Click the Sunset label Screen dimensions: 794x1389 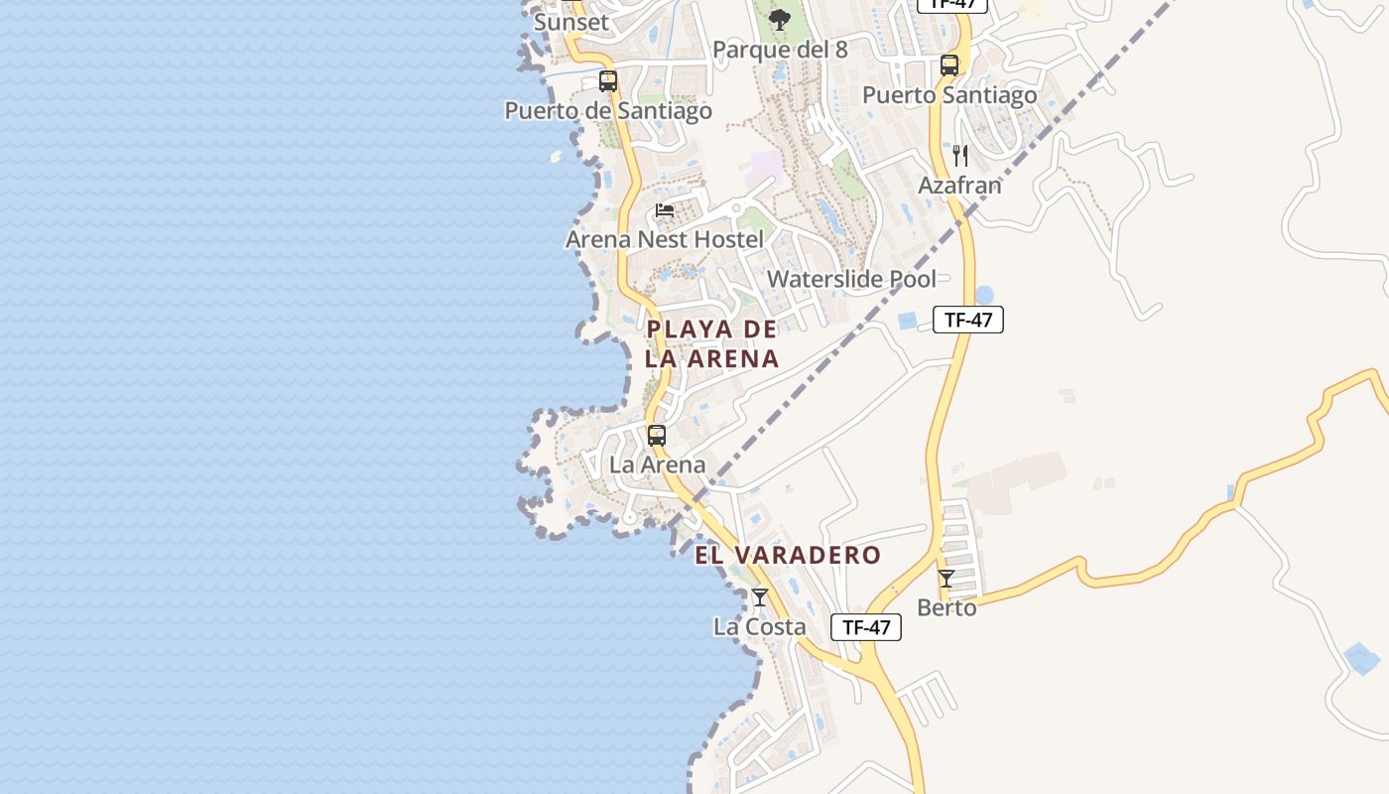(570, 22)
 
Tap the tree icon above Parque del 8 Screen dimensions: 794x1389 (780, 19)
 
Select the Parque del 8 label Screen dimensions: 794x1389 (780, 50)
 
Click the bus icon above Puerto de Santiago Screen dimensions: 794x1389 (608, 81)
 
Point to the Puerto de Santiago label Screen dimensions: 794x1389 (608, 110)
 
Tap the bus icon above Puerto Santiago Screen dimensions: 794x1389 (949, 66)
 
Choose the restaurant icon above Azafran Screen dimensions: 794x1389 (959, 156)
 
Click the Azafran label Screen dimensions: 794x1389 (959, 186)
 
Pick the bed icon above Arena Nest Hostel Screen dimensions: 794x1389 (665, 210)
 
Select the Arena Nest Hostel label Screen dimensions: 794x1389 (665, 239)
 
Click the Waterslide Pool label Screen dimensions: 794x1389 (851, 279)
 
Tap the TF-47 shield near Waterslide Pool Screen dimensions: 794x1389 (968, 320)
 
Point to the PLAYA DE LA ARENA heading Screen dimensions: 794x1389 (711, 343)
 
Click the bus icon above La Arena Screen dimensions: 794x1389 (657, 435)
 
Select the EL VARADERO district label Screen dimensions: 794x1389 (788, 555)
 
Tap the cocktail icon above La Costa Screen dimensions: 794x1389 (760, 597)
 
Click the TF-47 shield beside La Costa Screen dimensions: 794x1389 (866, 627)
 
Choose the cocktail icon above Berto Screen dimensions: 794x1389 (947, 579)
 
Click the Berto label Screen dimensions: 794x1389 (947, 607)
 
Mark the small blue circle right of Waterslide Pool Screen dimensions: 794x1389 (984, 295)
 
